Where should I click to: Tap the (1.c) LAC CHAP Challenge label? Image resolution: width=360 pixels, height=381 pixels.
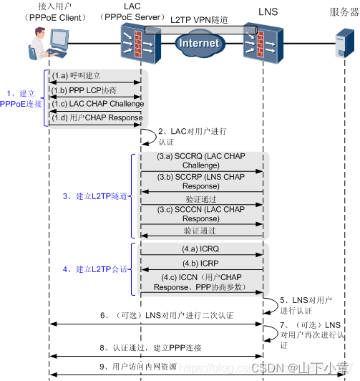click(97, 104)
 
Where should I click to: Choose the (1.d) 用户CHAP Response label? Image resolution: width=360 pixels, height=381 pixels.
click(97, 118)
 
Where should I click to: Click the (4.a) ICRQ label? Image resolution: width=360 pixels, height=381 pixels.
click(200, 249)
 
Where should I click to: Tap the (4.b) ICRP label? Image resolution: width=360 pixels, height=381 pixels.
click(200, 264)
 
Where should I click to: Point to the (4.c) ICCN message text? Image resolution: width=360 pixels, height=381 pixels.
click(200, 282)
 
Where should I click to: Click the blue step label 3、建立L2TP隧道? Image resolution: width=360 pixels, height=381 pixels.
click(95, 196)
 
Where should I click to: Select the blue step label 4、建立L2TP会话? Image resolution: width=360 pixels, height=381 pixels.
click(95, 269)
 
